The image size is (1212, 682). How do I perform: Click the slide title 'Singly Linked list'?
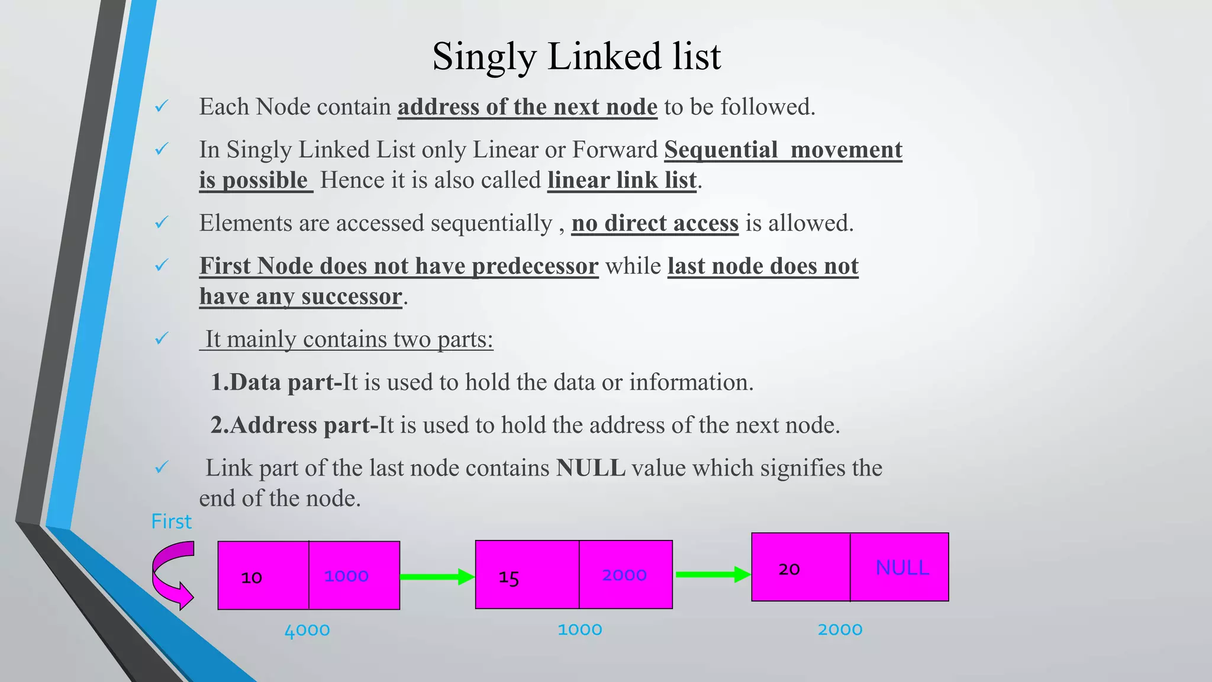[x=576, y=57]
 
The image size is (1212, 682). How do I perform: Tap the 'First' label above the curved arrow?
[x=171, y=522]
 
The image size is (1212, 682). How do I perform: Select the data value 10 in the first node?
[x=252, y=577]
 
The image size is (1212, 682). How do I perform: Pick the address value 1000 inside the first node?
[x=346, y=575]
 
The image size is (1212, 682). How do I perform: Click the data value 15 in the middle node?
[x=509, y=577]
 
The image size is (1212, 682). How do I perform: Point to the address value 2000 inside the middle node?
[x=624, y=575]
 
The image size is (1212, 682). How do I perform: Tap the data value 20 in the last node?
[x=789, y=569]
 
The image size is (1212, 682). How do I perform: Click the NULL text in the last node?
[x=902, y=568]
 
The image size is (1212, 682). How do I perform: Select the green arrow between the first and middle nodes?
[x=437, y=577]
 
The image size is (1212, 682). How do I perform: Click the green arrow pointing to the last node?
[x=713, y=574]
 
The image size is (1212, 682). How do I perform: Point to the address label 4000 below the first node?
[x=307, y=630]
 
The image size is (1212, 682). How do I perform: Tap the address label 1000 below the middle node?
[x=580, y=629]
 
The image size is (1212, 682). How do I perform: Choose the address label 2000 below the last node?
[x=840, y=629]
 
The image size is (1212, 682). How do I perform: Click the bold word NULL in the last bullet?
[x=591, y=468]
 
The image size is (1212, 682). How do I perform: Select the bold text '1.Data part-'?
[x=276, y=382]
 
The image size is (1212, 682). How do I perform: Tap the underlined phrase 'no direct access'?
[x=655, y=223]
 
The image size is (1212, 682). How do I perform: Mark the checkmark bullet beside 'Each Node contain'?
[x=162, y=107]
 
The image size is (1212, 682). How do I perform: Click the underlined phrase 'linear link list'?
[x=621, y=180]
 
